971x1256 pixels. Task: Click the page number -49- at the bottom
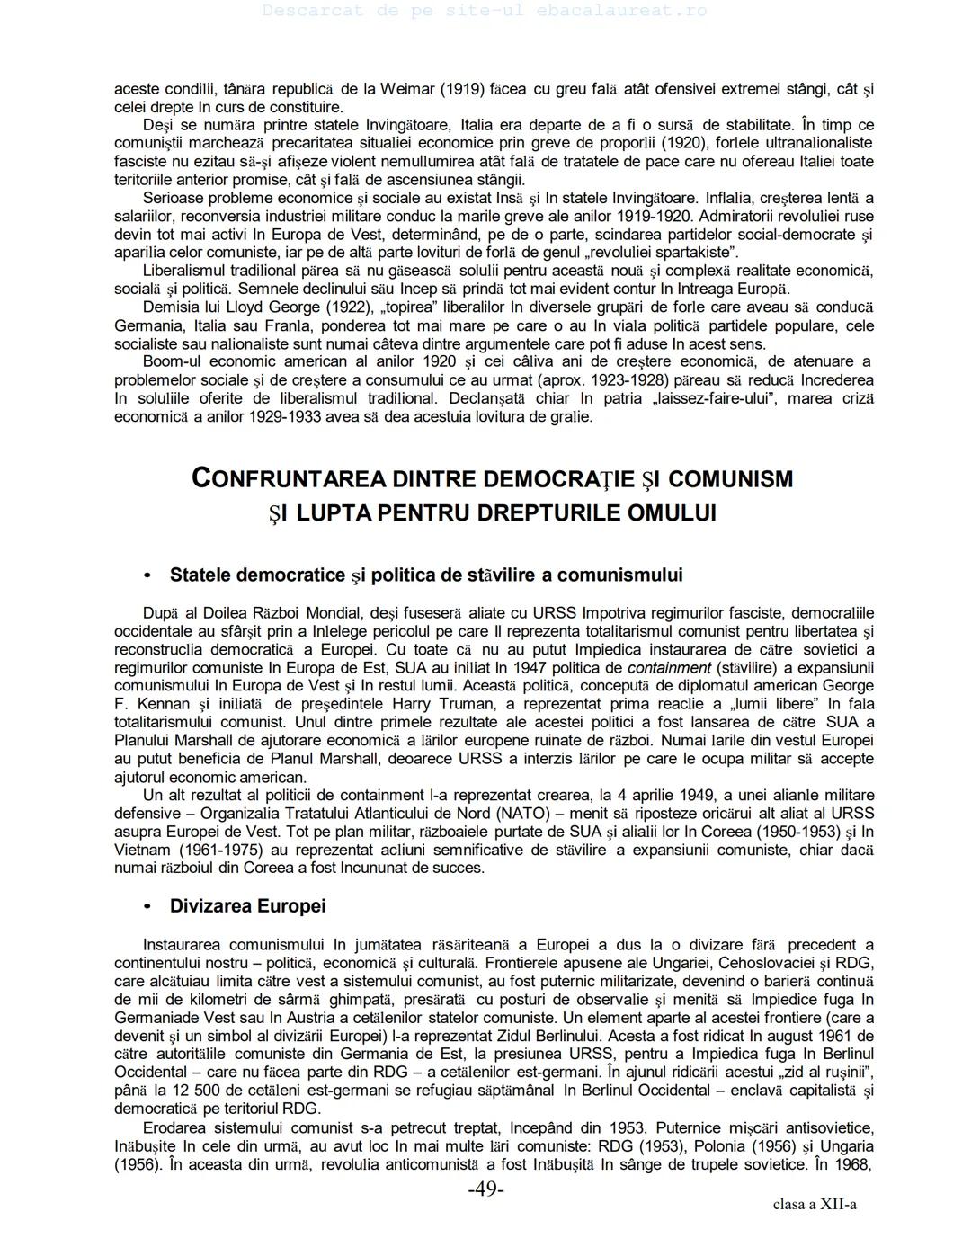point(485,1189)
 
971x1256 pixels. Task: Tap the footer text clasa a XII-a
point(814,1205)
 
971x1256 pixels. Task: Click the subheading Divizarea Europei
point(247,905)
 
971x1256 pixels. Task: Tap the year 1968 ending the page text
point(853,1164)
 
